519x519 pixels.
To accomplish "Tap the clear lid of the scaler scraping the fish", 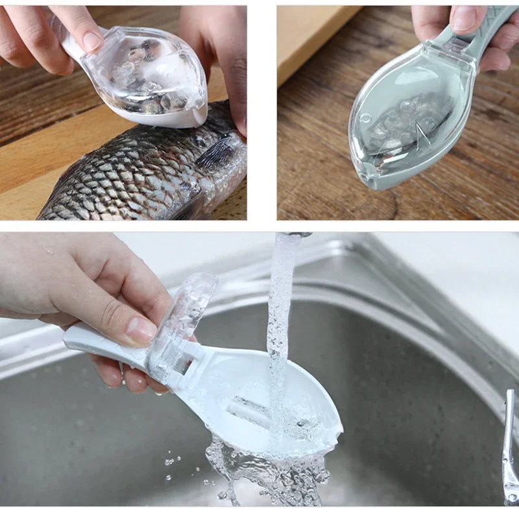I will click(152, 71).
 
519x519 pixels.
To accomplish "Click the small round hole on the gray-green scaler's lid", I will click(366, 118).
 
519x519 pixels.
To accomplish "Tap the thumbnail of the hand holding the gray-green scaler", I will click(463, 18).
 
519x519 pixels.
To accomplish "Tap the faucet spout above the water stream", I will click(290, 234).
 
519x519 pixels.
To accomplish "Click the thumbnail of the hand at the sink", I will click(141, 330).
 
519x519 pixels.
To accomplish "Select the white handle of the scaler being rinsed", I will click(97, 341).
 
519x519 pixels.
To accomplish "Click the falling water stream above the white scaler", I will click(280, 311).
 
